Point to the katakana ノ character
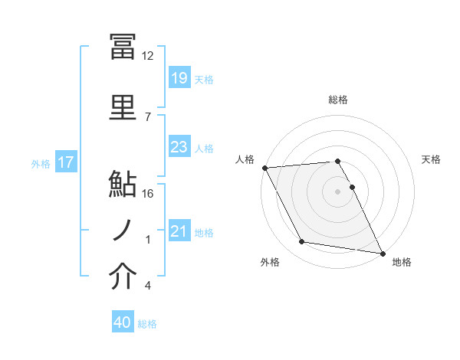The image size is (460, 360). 123,230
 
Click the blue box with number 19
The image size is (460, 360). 179,78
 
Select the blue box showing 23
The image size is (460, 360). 179,148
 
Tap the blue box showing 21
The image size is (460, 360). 179,232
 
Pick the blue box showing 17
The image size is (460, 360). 66,163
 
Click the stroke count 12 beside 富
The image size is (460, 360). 148,56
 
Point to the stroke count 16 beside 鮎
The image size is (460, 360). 148,194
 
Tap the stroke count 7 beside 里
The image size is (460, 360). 148,116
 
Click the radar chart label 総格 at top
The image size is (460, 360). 338,100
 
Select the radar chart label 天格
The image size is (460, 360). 432,159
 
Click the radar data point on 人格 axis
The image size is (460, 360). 264,168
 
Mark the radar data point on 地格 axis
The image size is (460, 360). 382,253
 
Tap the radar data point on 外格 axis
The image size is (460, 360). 302,243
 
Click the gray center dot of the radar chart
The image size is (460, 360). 338,191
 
